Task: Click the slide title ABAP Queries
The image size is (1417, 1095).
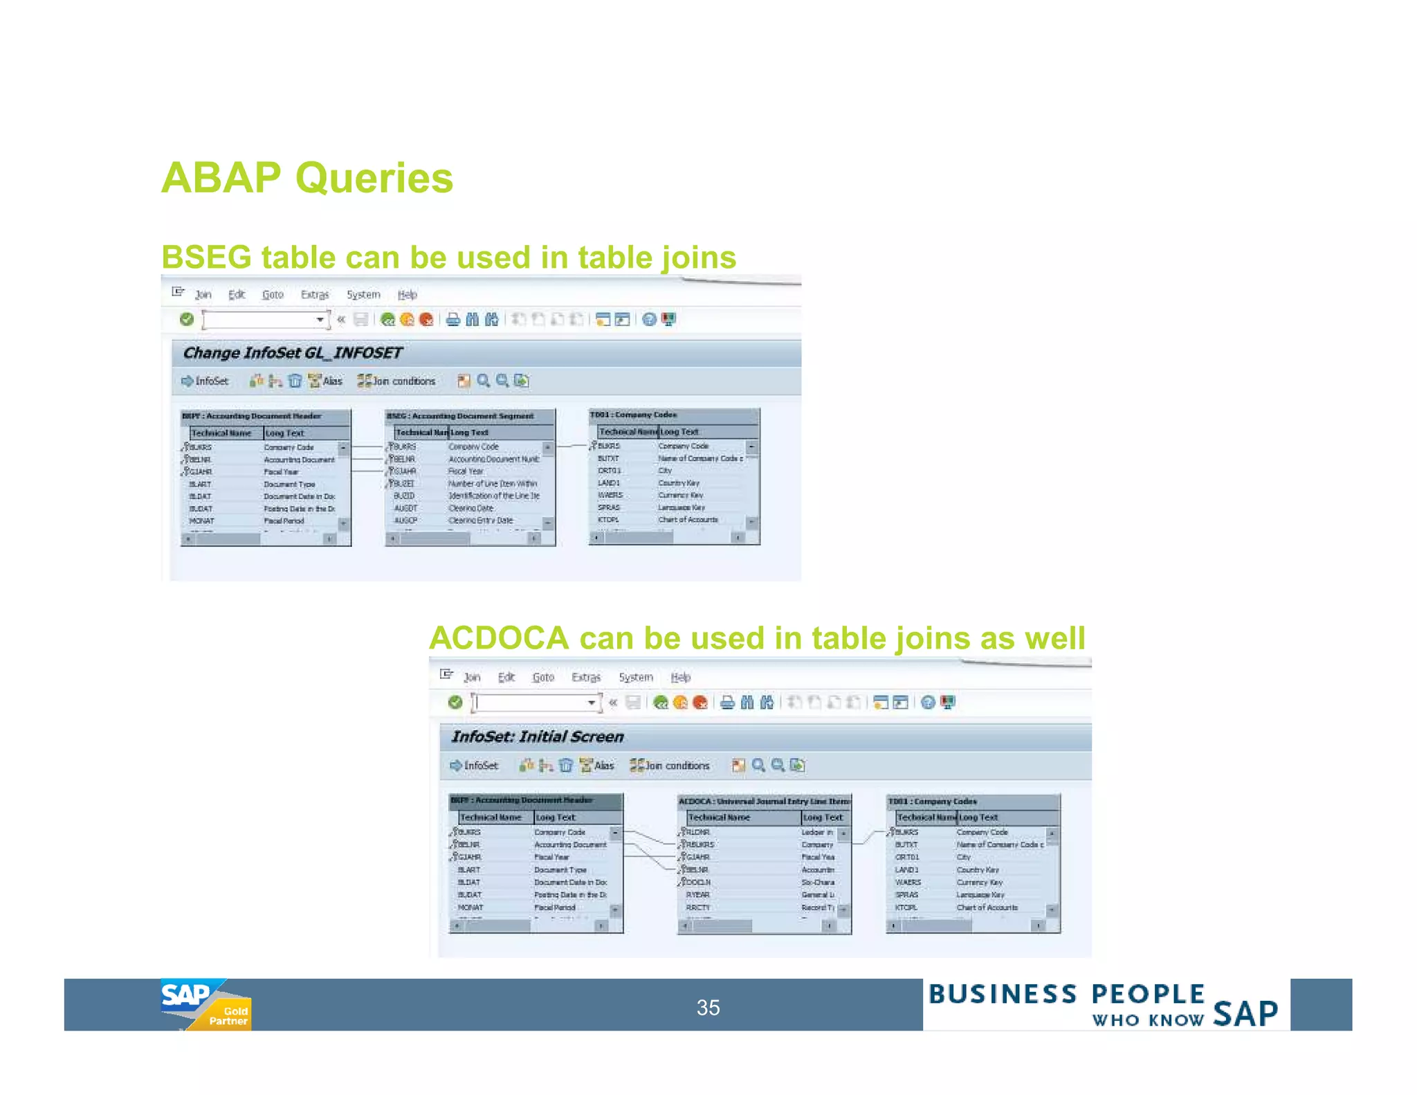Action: [307, 178]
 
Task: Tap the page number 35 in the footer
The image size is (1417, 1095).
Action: [708, 1007]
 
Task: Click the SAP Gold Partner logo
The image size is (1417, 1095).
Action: [205, 1004]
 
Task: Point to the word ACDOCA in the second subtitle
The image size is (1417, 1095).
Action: [499, 638]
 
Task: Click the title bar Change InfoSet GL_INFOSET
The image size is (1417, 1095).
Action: [292, 353]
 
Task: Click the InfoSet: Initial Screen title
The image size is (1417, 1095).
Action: [537, 736]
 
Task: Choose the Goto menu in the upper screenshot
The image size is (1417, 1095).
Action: [273, 295]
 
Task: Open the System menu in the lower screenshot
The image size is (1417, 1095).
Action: [635, 677]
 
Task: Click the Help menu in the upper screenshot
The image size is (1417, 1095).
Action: [407, 295]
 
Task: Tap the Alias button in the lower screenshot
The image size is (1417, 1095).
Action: [597, 766]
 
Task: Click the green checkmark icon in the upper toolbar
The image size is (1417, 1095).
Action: [186, 319]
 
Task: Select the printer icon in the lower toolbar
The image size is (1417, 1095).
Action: [726, 703]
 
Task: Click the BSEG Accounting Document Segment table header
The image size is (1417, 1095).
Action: [461, 416]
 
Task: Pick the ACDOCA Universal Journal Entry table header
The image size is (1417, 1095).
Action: [764, 801]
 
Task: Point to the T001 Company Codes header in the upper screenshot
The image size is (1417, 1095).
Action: [633, 415]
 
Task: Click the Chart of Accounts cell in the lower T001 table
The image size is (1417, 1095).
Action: [987, 907]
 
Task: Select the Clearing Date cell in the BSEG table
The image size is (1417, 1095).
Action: [470, 508]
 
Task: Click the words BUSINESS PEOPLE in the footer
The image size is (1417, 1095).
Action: [1066, 994]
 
